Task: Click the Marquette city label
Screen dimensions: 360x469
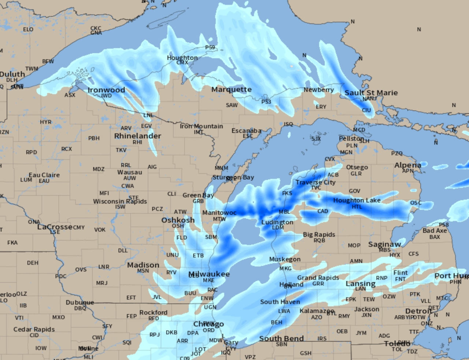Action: pyautogui.click(x=231, y=89)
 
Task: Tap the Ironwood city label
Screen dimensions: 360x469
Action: pyautogui.click(x=106, y=90)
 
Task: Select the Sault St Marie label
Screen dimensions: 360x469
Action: pyautogui.click(x=371, y=93)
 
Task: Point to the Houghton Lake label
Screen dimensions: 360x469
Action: pyautogui.click(x=357, y=200)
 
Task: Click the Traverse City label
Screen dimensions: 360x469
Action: pyautogui.click(x=315, y=182)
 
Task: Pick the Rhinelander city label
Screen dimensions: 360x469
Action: pyautogui.click(x=137, y=136)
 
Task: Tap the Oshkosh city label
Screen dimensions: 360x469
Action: pyautogui.click(x=178, y=220)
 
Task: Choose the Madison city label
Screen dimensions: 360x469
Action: pyautogui.click(x=143, y=265)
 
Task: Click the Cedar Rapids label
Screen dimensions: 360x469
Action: pyautogui.click(x=34, y=329)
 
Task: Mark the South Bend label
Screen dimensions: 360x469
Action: pyautogui.click(x=281, y=338)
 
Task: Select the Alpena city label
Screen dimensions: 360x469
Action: pyautogui.click(x=407, y=165)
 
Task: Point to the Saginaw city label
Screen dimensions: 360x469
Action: pyautogui.click(x=384, y=244)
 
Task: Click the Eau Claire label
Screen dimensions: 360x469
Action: pyautogui.click(x=44, y=175)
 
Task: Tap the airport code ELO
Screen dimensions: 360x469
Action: pyautogui.click(x=28, y=29)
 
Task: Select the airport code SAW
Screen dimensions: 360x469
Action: pyautogui.click(x=232, y=105)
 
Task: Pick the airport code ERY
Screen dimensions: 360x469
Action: pyautogui.click(x=321, y=107)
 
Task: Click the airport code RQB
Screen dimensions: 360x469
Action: pyautogui.click(x=319, y=240)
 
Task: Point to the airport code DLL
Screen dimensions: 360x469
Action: pyautogui.click(x=123, y=250)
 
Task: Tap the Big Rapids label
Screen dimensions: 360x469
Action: pyautogui.click(x=319, y=234)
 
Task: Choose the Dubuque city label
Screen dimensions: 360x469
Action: pyautogui.click(x=80, y=303)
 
